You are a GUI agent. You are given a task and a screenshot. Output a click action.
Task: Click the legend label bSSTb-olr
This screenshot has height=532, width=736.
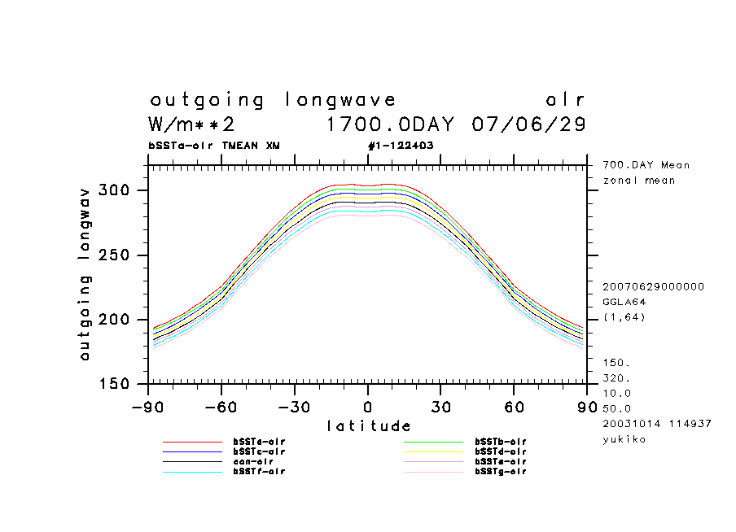coord(501,442)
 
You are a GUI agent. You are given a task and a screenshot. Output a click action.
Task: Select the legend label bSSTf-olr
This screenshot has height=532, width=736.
coord(259,472)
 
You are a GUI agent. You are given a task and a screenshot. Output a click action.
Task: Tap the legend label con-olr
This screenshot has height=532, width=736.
coord(252,461)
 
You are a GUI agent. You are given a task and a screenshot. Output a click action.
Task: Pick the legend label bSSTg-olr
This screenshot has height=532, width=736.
coord(501,472)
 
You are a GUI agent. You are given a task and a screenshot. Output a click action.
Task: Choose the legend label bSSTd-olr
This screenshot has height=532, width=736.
coord(501,451)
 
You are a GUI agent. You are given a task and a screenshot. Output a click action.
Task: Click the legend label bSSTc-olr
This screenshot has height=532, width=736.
coord(259,451)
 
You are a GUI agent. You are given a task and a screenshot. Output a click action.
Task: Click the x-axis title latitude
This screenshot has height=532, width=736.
coord(368,426)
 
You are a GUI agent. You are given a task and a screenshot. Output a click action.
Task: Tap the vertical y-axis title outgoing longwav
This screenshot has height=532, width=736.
coord(85,274)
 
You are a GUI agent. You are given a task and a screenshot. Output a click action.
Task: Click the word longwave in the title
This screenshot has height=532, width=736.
coord(341,101)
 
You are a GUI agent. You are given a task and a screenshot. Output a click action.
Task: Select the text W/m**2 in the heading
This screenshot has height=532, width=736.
coord(192,125)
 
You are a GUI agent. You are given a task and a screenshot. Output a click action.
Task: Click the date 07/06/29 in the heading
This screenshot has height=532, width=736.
coord(528,125)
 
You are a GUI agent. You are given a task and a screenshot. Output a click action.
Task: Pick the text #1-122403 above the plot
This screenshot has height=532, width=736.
coord(401,146)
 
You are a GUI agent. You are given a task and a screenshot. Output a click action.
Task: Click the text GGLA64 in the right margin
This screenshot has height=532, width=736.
coord(624,302)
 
